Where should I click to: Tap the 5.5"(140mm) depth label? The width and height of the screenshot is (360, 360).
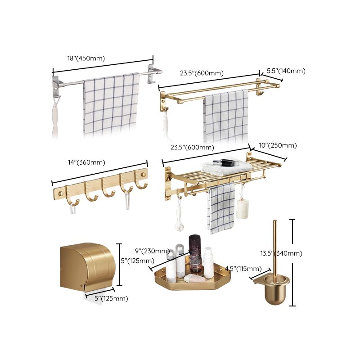(286, 71)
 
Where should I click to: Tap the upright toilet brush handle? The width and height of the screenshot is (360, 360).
(274, 247)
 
